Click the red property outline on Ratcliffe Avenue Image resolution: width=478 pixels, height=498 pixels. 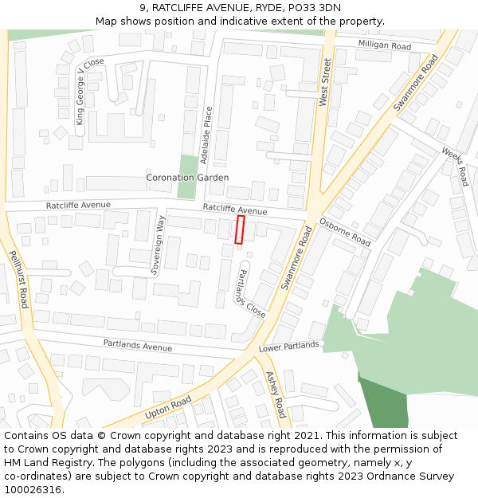point(240,229)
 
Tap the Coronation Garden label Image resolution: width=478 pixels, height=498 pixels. point(187,178)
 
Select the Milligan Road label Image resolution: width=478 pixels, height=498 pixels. point(384,45)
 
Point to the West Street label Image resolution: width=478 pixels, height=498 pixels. point(325,81)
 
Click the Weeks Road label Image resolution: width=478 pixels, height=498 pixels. point(455,167)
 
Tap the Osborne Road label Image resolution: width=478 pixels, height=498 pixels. point(345,231)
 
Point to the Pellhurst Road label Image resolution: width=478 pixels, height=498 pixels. point(19,278)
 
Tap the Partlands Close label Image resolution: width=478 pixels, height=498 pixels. point(249,293)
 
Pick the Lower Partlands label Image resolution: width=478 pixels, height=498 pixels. point(289,347)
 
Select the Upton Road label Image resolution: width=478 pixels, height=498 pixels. point(168,407)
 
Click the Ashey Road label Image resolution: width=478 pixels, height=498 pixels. point(276,394)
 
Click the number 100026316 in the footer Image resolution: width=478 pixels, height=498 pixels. point(33,489)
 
